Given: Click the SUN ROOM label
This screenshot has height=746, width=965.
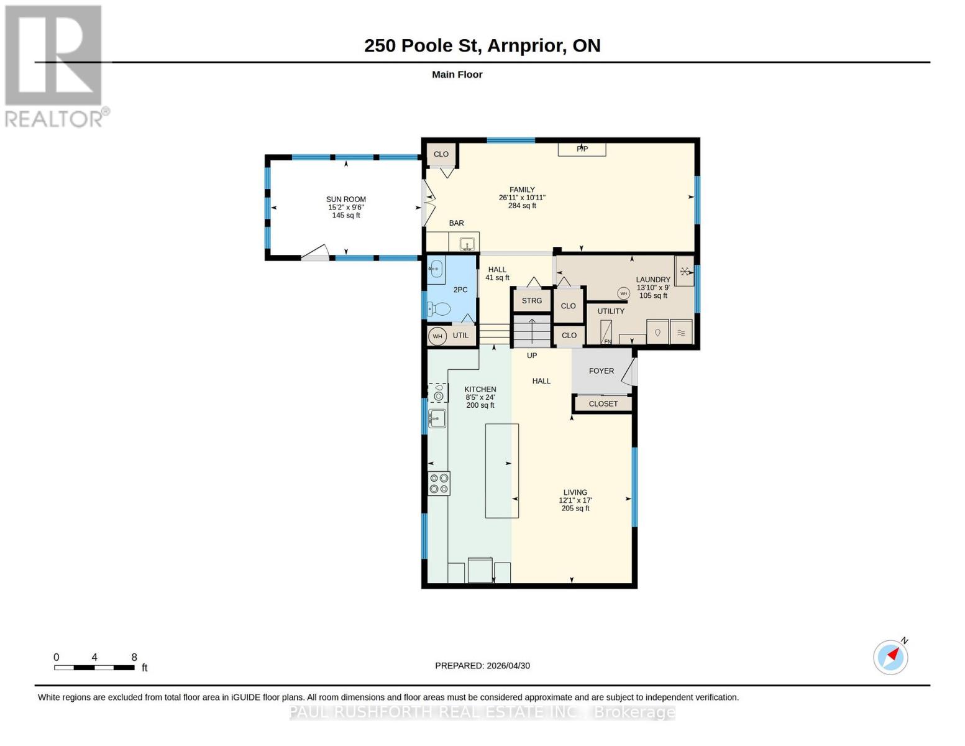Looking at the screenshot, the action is (346, 200).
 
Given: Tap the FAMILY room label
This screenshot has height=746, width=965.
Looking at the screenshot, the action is (522, 190).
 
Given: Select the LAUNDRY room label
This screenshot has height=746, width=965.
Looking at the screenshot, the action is (653, 280).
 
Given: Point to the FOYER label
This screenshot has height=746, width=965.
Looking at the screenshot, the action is (601, 371).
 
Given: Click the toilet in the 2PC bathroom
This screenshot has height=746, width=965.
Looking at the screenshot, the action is (438, 309).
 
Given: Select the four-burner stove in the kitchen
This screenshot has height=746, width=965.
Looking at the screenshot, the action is (439, 484).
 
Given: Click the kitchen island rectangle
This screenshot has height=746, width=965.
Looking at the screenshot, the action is (502, 471).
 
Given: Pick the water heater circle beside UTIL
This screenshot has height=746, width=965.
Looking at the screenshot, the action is (437, 336).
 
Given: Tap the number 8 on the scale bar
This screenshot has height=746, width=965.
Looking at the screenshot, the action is (134, 657).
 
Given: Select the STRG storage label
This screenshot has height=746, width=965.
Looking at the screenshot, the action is (531, 301).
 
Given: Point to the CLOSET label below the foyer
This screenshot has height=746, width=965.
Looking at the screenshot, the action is (603, 404).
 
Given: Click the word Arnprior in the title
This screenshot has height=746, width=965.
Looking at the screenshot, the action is (526, 46).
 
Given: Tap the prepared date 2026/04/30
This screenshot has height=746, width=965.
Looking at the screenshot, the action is (508, 666).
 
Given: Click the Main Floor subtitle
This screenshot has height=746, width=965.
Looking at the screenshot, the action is (457, 75).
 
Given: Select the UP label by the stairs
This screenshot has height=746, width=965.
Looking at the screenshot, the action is (531, 356).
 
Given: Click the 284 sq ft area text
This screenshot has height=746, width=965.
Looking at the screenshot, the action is (522, 206).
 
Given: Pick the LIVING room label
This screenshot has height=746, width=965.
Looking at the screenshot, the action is (575, 492).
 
